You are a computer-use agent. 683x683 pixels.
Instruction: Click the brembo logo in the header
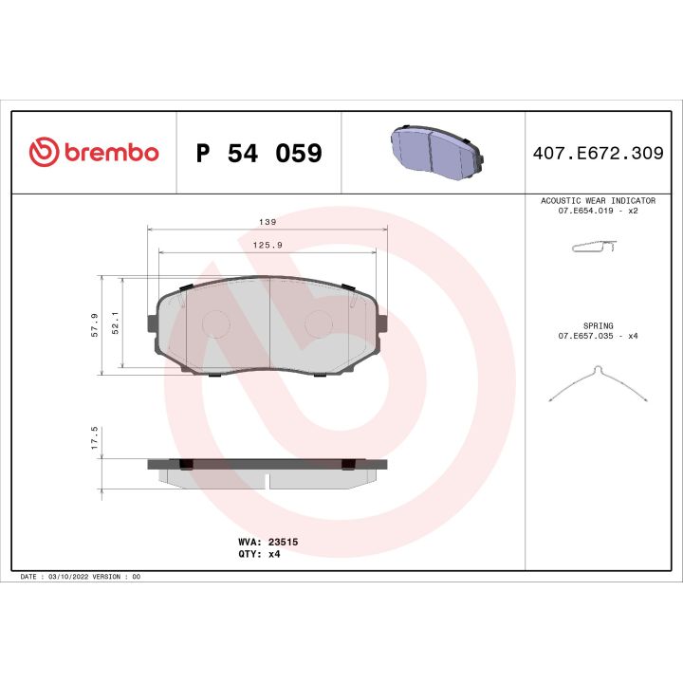click(93, 153)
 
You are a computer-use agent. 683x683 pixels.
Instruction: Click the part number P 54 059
click(258, 154)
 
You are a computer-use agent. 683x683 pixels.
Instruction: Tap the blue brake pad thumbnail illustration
click(434, 149)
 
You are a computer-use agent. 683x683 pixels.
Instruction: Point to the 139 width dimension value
click(268, 221)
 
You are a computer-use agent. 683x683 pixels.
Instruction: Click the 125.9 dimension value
click(268, 245)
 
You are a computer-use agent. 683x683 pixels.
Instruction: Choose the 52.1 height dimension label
click(116, 323)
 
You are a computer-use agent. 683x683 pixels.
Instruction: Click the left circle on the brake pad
click(217, 323)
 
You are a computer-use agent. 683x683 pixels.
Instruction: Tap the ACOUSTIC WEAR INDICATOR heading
click(598, 201)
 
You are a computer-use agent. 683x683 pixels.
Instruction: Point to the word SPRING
click(598, 325)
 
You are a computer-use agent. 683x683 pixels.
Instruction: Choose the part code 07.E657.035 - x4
click(598, 336)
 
